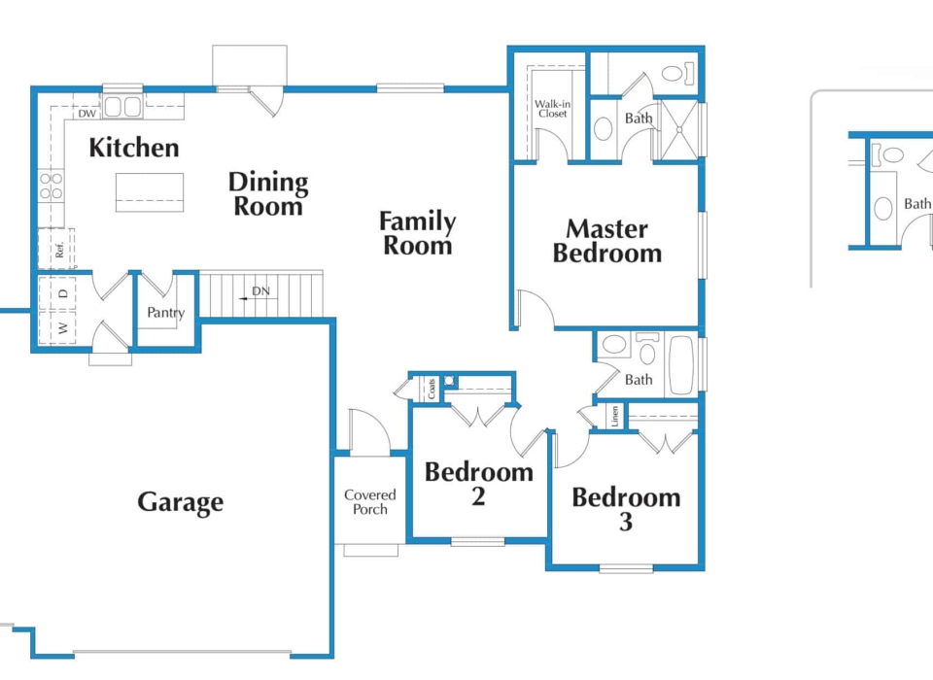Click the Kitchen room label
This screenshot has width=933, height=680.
click(134, 148)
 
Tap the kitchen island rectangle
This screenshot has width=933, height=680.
click(150, 191)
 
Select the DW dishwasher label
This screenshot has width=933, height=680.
click(86, 114)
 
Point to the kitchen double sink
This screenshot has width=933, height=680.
click(122, 107)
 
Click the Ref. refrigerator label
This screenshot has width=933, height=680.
click(59, 249)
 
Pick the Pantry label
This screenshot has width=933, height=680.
click(165, 313)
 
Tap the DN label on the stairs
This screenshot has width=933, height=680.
click(260, 291)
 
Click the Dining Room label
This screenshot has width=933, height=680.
click(268, 193)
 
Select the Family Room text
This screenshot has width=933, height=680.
click(417, 233)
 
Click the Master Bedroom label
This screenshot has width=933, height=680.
click(607, 241)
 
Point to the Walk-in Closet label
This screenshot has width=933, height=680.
click(552, 109)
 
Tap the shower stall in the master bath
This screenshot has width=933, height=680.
click(678, 128)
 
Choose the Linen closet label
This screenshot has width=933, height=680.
click(615, 416)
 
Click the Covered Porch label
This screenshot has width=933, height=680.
click(370, 502)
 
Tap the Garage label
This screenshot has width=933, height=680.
click(180, 502)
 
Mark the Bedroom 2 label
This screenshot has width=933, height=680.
click(479, 484)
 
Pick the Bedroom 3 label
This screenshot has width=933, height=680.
click(626, 509)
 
